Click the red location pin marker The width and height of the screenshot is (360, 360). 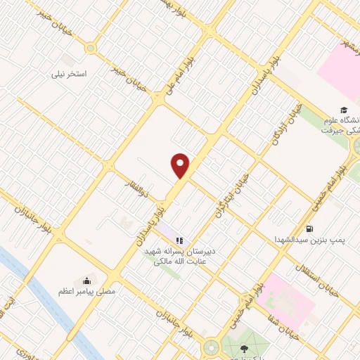181,165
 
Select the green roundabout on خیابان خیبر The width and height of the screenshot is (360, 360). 90,48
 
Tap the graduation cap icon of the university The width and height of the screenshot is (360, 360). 344,109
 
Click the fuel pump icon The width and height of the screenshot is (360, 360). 309,228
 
